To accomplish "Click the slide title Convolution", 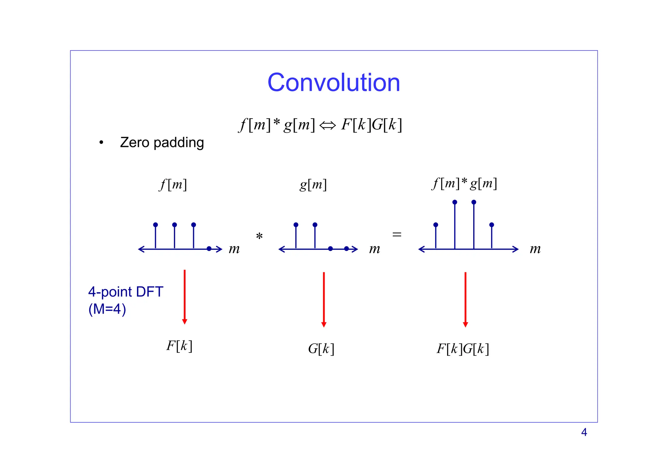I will pos(334,82).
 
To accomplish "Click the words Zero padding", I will pos(162,143).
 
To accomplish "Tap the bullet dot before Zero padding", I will pos(101,143).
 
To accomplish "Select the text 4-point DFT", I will pos(126,292).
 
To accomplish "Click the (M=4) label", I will pos(107,309).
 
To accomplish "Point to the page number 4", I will pos(584,432).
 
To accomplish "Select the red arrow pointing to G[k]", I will pos(324,299).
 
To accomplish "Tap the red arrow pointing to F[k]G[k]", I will pos(465,299).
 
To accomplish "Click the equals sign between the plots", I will pos(397,234).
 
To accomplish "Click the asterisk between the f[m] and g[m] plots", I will pos(259,236).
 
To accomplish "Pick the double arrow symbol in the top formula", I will pos(327,125).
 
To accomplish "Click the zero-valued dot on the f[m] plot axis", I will pos(209,249).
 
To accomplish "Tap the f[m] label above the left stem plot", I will pos(173,185).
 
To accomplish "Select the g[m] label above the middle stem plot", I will pos(313,185).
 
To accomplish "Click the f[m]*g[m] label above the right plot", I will pos(464,184).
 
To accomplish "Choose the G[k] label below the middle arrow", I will pos(321,349).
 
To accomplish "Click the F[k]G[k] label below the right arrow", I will pos(463,349).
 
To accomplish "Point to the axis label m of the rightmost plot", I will pos(535,249).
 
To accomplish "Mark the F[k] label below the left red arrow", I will pos(179,346).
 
